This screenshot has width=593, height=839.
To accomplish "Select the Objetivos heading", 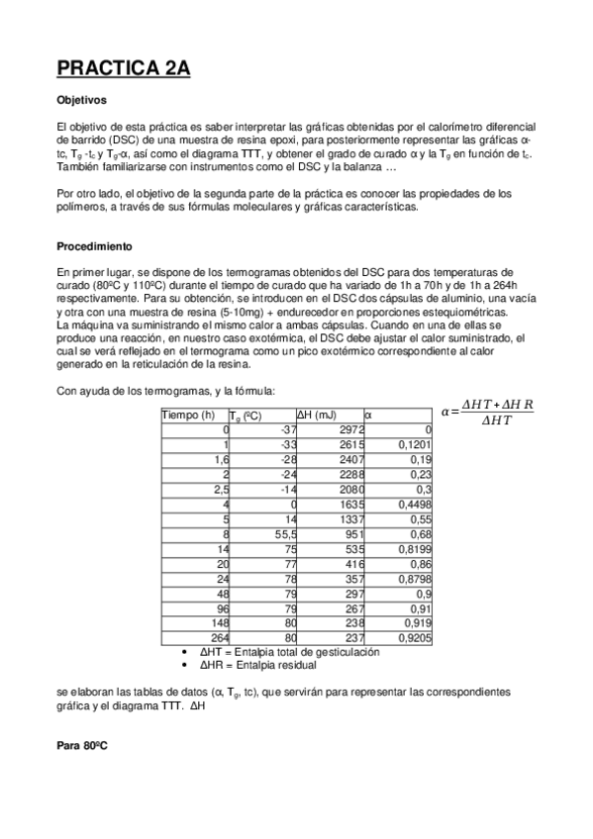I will point(81,101).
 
